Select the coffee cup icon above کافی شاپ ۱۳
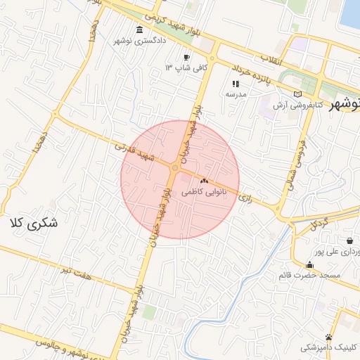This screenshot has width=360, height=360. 186,57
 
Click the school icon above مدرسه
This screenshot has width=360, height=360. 235,83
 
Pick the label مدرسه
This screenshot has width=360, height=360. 234,94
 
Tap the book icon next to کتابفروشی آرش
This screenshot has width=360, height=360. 298,94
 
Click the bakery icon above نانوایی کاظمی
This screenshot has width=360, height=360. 204,181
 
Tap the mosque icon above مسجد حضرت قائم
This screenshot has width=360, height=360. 309,264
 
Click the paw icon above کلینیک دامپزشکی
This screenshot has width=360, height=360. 329,337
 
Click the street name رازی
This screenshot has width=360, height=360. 245,198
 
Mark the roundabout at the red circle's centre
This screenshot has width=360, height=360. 174,168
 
